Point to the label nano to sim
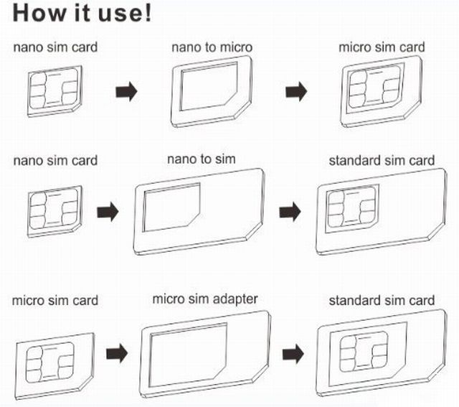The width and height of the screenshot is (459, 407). (x=201, y=159)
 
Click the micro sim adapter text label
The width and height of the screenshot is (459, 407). (x=205, y=298)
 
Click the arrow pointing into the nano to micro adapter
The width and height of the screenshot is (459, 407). (x=127, y=92)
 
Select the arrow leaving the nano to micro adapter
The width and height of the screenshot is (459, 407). (x=295, y=92)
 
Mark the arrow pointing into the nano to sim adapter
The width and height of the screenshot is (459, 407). (x=108, y=211)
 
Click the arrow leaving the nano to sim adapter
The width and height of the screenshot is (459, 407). (x=290, y=211)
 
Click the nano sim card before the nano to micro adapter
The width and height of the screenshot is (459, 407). (x=55, y=91)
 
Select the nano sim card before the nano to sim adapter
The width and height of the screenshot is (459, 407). (x=55, y=210)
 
